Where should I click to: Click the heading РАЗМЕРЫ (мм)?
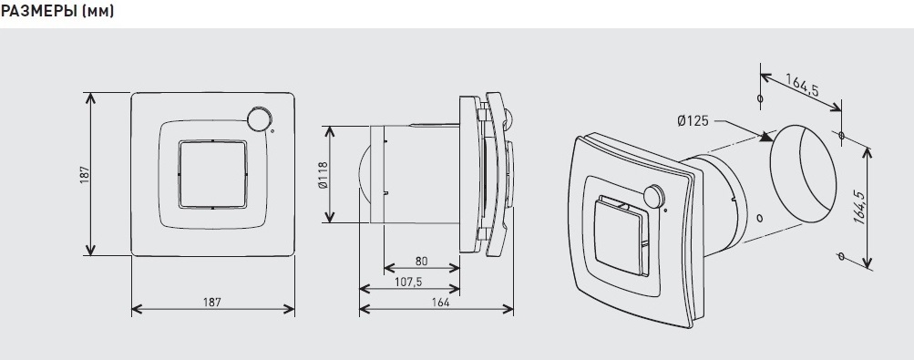pos(57,11)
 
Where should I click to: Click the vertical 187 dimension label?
pos(85,175)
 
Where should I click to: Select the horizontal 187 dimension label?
pos(212,302)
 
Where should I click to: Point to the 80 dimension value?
pos(421,261)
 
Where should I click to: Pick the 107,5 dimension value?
pos(408,282)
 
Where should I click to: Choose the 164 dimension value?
pos(441,302)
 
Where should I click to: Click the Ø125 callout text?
pos(693,121)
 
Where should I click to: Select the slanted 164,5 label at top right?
pos(802,86)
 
